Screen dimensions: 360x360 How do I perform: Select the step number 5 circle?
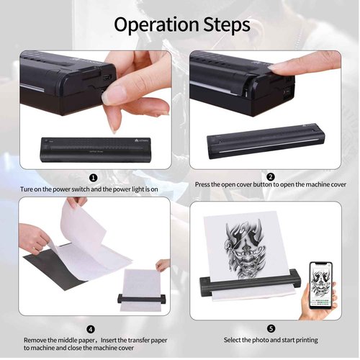[x=270, y=328]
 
